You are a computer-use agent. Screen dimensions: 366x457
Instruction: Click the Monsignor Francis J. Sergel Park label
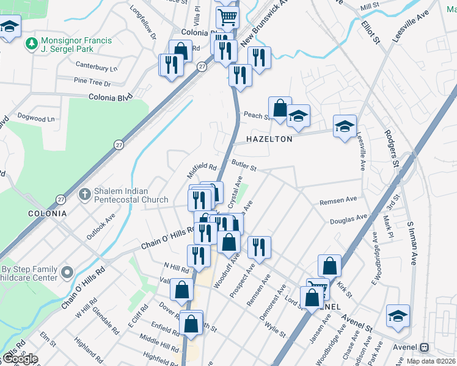click(x=76, y=45)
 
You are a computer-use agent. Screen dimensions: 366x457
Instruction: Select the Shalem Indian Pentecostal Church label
click(x=131, y=195)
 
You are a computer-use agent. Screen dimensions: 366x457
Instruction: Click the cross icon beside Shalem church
click(x=85, y=195)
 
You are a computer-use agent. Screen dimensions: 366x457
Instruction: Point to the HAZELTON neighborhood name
click(x=269, y=139)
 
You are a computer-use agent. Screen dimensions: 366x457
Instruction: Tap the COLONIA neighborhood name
click(x=47, y=213)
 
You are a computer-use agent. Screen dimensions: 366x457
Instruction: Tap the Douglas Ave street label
click(x=348, y=219)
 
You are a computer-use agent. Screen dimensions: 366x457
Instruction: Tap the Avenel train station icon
click(x=425, y=347)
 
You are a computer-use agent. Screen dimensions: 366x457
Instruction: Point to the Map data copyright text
click(x=431, y=361)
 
